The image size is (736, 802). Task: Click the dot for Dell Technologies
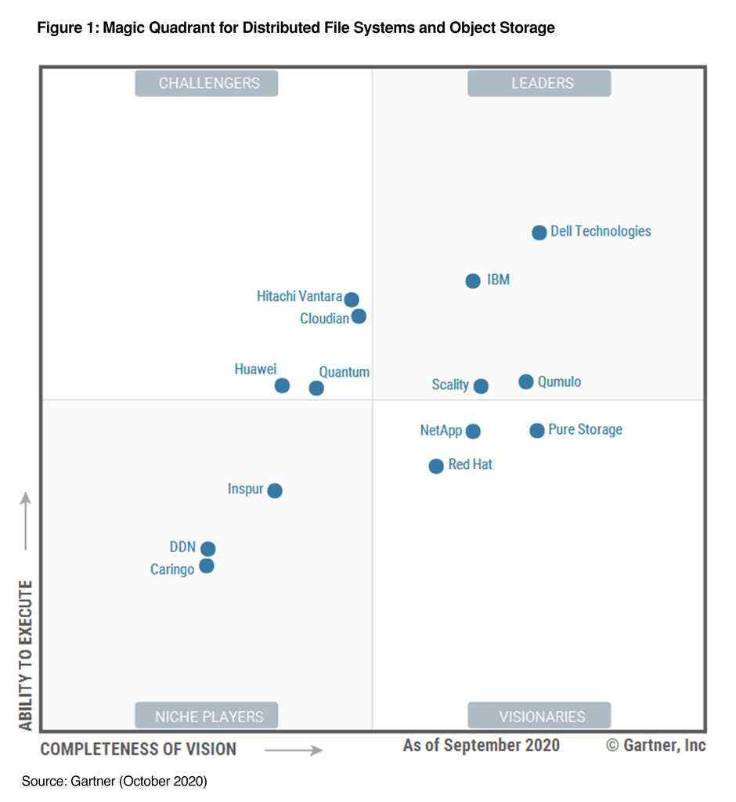tap(539, 233)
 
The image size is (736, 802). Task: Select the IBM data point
tap(473, 281)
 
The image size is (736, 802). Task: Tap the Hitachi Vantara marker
tap(352, 299)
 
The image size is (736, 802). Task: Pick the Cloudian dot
tap(359, 316)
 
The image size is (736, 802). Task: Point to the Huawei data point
tap(282, 385)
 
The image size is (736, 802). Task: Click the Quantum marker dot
tap(316, 388)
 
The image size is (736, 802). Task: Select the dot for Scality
tap(481, 386)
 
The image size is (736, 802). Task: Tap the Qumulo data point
tap(526, 381)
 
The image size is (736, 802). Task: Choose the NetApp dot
tap(473, 431)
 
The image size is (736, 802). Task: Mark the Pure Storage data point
tap(536, 430)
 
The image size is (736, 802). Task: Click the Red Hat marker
tap(436, 466)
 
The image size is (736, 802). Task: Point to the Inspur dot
tap(275, 490)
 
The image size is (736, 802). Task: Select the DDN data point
tap(207, 549)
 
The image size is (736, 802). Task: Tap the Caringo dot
tap(207, 565)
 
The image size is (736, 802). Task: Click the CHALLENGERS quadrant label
tap(207, 83)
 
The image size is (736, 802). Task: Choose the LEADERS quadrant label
tap(539, 83)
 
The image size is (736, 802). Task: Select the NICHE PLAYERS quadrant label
tap(207, 716)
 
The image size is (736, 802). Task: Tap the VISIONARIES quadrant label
tap(539, 716)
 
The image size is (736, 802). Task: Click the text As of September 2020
tap(481, 745)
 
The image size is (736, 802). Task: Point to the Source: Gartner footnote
tap(114, 781)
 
